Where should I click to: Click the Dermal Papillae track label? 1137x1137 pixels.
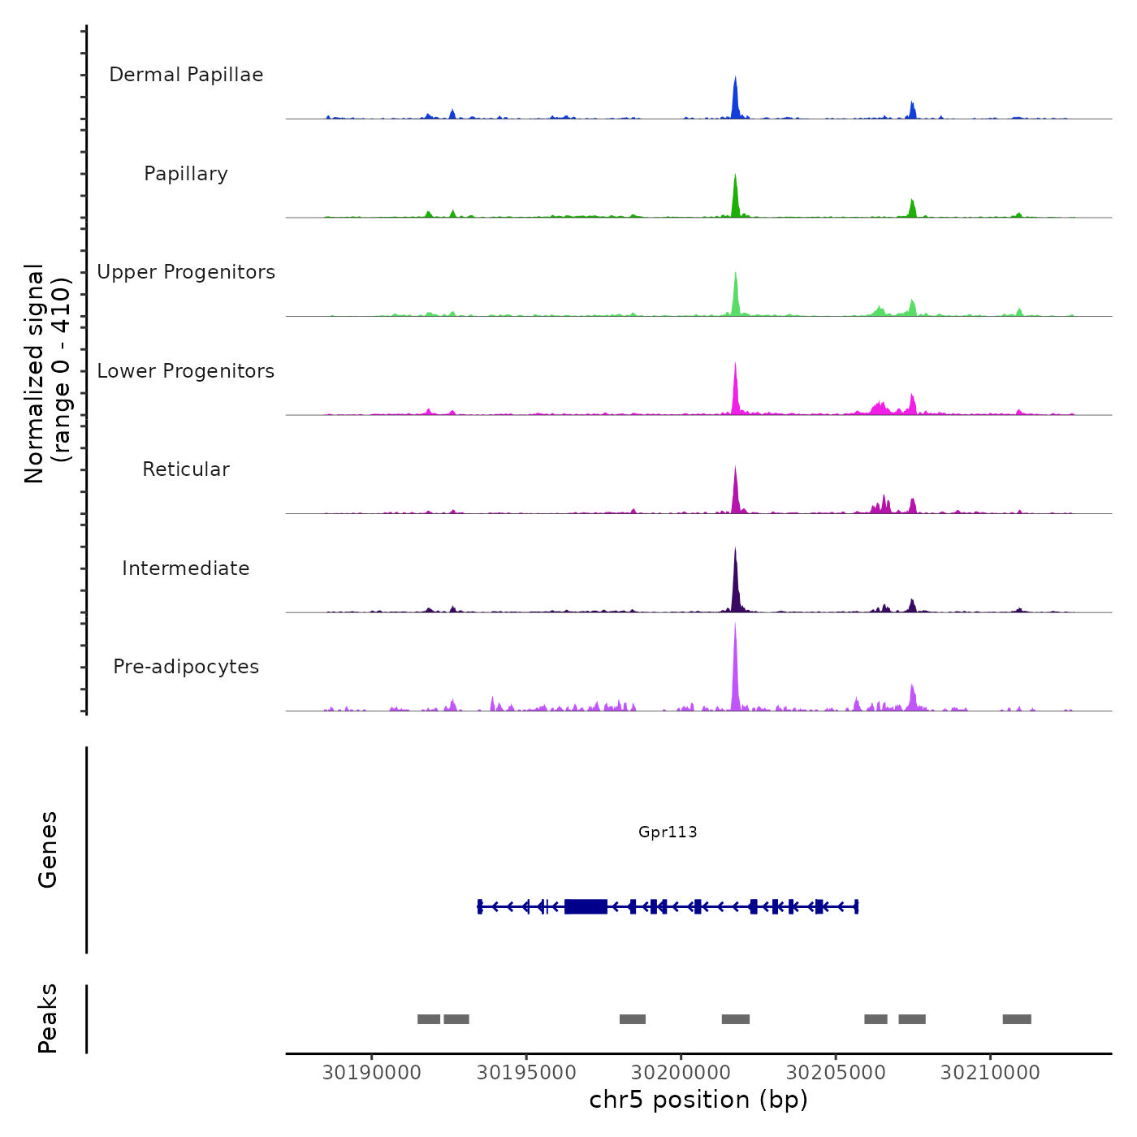[186, 75]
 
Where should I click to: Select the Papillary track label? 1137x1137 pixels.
[186, 174]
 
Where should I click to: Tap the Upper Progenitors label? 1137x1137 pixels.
[186, 272]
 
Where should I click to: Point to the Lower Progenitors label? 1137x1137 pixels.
[186, 371]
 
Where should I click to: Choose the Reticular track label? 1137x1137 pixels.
[186, 469]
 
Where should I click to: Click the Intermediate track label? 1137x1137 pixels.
[186, 568]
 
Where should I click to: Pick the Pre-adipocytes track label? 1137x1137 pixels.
[186, 667]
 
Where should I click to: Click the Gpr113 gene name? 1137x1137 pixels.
[668, 832]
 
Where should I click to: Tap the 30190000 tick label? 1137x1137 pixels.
[372, 1073]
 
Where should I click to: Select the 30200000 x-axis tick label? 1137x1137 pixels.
[681, 1073]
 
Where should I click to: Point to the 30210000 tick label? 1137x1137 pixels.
[990, 1073]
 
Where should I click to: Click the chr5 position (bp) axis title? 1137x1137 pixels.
[698, 1100]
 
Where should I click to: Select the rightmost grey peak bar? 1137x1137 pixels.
[1017, 1019]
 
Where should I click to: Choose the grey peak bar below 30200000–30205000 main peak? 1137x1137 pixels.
[736, 1019]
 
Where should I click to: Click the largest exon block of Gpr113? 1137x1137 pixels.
[586, 906]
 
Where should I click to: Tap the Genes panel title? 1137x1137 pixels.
[48, 850]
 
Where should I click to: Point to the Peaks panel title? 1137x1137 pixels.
[48, 1018]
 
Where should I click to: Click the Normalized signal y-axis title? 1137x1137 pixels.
[47, 374]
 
